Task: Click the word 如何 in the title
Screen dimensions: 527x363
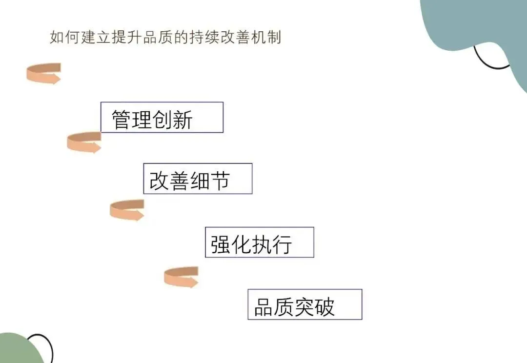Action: [x=65, y=37]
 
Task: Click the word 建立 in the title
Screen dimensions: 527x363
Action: [x=97, y=37]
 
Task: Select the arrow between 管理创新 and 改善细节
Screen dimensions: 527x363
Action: [x=84, y=142]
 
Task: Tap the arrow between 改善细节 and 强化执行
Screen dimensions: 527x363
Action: [x=127, y=210]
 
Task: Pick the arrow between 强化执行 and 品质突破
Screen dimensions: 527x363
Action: [x=181, y=277]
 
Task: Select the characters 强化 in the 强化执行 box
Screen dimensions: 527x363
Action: [x=231, y=244]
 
